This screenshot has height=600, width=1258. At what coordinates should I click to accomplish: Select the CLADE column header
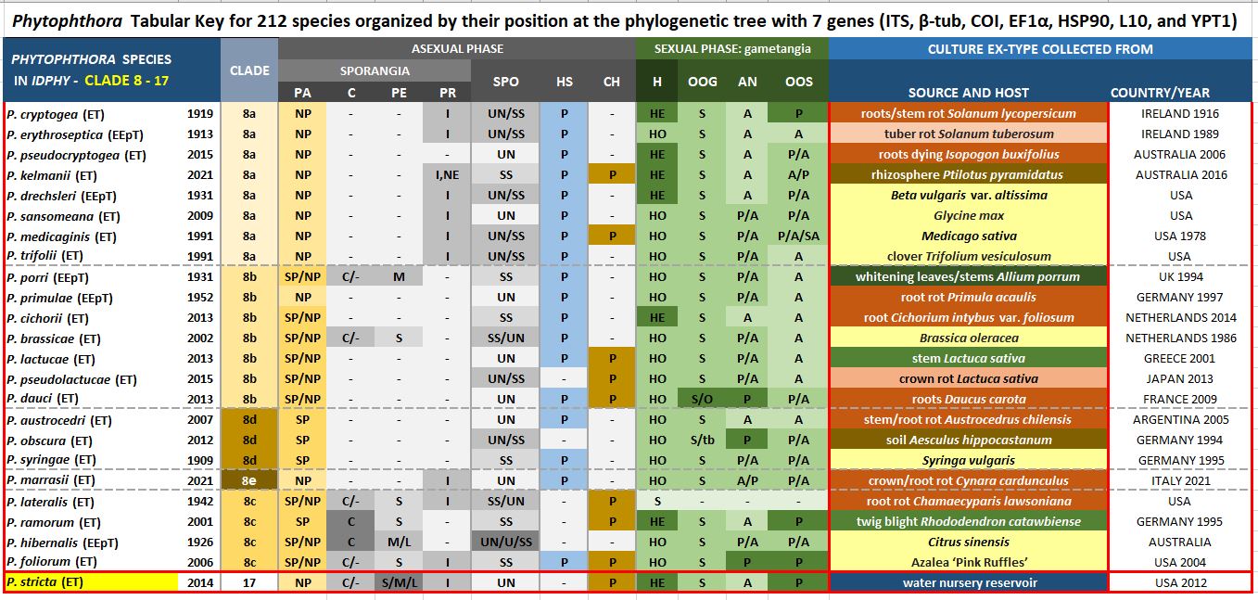[249, 70]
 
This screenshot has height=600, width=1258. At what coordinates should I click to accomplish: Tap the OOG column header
[702, 82]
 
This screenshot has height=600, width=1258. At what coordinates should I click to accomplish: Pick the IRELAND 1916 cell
[1180, 114]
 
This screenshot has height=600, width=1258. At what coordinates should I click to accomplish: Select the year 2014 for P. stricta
[200, 583]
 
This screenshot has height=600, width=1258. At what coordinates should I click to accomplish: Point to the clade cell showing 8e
[249, 481]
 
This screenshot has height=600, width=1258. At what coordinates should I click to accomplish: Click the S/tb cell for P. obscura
[702, 440]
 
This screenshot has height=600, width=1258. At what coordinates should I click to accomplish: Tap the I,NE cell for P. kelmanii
[448, 175]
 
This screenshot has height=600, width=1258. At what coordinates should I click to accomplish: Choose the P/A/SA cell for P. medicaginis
[798, 236]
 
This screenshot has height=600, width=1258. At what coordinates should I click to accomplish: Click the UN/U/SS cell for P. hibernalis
[506, 543]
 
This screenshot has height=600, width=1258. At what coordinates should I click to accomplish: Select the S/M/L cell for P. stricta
[399, 583]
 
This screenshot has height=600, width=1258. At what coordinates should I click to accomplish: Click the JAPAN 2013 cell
[1180, 379]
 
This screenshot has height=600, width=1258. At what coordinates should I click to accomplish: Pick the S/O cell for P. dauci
[702, 400]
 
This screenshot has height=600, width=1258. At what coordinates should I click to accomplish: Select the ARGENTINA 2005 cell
[1180, 420]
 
